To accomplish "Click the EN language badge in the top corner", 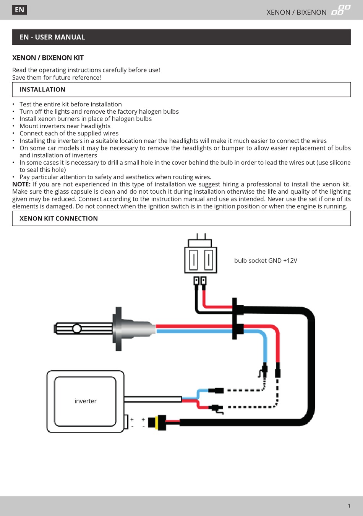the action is [x=19, y=10].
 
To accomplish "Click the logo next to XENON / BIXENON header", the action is [x=340, y=10].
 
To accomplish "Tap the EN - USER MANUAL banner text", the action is [x=52, y=37].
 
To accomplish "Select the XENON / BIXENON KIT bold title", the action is [x=48, y=58].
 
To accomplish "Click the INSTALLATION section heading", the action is [x=42, y=90].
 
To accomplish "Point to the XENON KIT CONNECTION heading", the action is [x=58, y=219].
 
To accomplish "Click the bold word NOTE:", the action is [x=21, y=185].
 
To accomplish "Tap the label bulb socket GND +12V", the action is [x=266, y=261].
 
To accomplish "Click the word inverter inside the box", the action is [x=85, y=401].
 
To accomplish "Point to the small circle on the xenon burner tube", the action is [x=77, y=328].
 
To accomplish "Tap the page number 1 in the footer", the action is [x=349, y=506].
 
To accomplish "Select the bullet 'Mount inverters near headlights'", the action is [x=65, y=126].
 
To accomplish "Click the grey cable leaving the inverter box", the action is [x=153, y=399].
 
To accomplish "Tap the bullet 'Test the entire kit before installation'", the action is [x=71, y=104].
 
